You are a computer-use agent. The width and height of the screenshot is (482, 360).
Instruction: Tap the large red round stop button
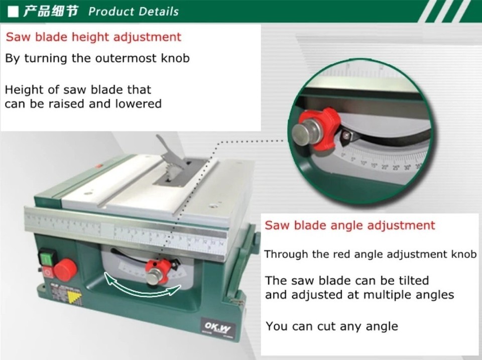tap(65, 270)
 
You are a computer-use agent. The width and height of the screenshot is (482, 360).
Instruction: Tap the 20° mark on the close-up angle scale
tap(384, 167)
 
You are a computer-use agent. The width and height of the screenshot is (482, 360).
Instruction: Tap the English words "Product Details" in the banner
tap(134, 11)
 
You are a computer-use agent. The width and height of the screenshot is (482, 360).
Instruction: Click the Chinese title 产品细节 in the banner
tap(51, 11)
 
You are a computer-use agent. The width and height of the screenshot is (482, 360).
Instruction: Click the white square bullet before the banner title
tap(14, 11)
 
